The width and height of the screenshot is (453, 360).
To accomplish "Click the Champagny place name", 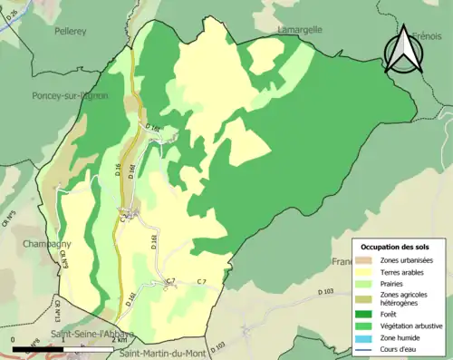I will click(x=43, y=245).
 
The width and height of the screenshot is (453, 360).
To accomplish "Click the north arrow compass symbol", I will click(x=403, y=50).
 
